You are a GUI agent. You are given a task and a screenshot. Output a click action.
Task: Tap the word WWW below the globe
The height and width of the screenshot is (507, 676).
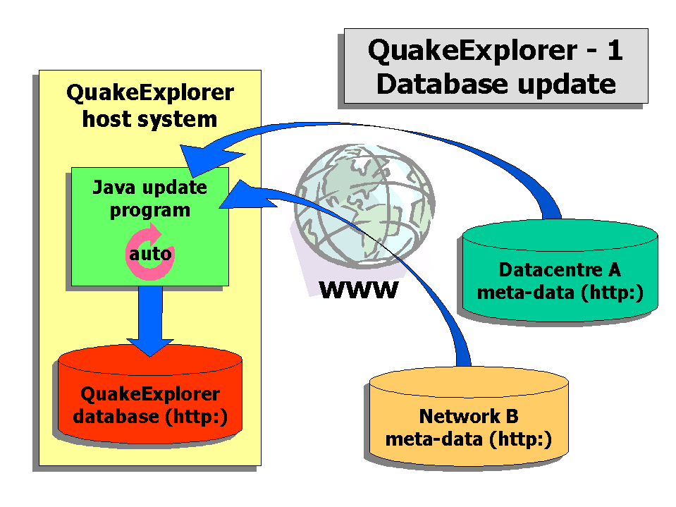pyautogui.click(x=359, y=290)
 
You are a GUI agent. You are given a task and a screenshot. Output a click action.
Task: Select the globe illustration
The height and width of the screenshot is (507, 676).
pyautogui.click(x=364, y=206)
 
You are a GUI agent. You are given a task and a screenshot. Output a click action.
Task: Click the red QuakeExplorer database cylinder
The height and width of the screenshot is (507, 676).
pyautogui.click(x=150, y=393)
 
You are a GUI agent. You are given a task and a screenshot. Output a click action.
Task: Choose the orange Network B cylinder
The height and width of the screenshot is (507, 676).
pyautogui.click(x=469, y=416)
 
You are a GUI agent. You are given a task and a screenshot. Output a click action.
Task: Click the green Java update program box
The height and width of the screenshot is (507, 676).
pyautogui.click(x=150, y=227)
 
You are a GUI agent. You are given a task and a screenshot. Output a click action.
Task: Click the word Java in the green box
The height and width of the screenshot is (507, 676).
pyautogui.click(x=108, y=188)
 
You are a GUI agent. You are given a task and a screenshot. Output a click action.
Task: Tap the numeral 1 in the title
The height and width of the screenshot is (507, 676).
pyautogui.click(x=615, y=51)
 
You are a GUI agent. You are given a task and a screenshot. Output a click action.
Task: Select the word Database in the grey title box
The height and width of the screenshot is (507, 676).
pyautogui.click(x=443, y=84)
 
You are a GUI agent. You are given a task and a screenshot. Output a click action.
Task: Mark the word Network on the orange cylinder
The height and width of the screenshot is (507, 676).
pyautogui.click(x=460, y=417)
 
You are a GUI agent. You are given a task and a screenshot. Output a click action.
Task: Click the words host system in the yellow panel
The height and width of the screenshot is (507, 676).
pyautogui.click(x=149, y=119)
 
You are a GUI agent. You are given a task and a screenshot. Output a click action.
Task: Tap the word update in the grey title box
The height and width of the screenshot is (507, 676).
pyautogui.click(x=567, y=85)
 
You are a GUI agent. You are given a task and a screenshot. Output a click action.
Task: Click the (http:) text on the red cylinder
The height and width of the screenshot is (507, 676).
pyautogui.click(x=197, y=417)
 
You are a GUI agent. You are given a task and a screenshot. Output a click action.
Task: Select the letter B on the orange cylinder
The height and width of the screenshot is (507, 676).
pyautogui.click(x=512, y=417)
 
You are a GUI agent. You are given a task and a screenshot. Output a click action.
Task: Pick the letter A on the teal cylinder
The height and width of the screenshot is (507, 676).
pyautogui.click(x=615, y=270)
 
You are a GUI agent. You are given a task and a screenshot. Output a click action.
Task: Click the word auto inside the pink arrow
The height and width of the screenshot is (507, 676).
pyautogui.click(x=150, y=254)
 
